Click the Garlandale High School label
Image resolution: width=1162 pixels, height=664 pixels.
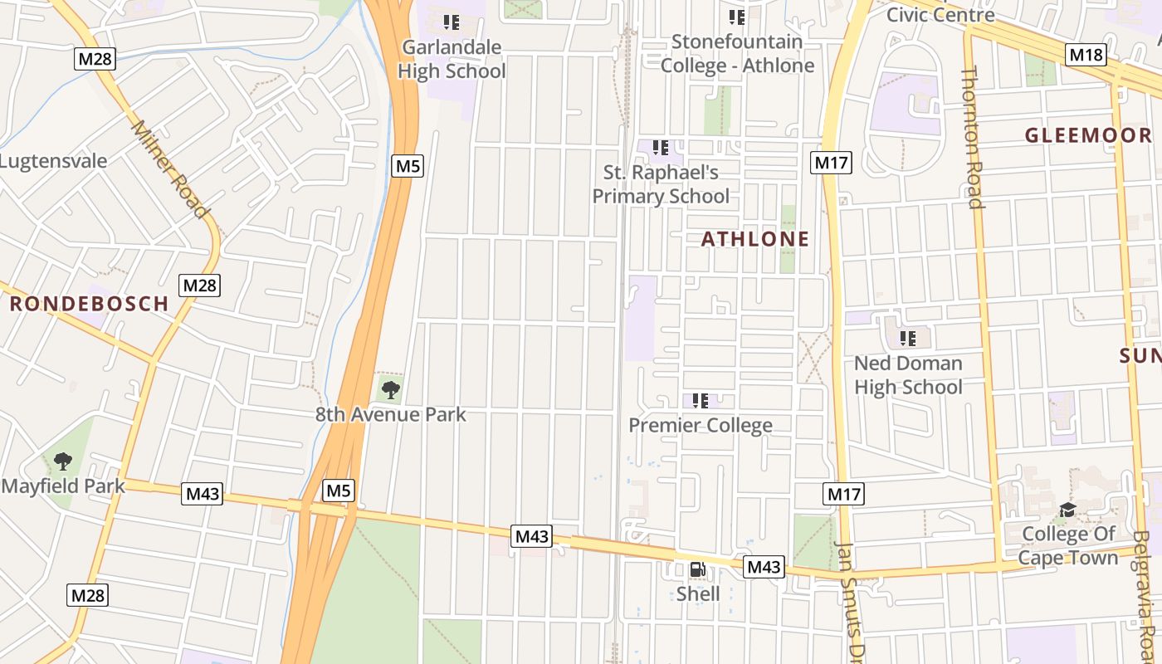tap(452, 59)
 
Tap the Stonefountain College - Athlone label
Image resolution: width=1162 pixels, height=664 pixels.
tap(737, 53)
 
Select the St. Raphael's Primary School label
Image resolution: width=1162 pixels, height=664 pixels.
tap(661, 184)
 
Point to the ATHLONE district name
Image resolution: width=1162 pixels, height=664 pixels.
tap(754, 239)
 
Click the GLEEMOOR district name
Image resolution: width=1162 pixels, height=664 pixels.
tap(1087, 135)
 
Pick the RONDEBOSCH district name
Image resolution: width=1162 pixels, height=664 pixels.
tap(90, 304)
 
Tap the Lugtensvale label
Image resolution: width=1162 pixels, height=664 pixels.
tap(54, 160)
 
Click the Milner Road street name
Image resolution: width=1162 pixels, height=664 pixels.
tap(169, 169)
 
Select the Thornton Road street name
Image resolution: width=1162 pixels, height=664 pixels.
tap(972, 137)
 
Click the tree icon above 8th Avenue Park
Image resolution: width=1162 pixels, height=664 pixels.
tap(390, 388)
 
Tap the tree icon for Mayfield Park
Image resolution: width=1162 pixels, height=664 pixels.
tap(63, 461)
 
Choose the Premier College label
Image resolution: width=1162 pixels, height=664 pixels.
tap(701, 425)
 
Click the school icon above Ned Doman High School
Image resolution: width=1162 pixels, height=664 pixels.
tap(908, 338)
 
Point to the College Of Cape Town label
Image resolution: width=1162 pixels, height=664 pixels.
tap(1069, 545)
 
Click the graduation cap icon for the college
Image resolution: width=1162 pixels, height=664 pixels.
tap(1067, 509)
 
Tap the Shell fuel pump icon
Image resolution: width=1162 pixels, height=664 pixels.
tap(698, 569)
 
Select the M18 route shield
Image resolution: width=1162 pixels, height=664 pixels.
tap(1086, 55)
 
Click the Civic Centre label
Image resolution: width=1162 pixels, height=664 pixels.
tap(940, 14)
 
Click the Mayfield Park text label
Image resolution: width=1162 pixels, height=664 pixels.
tap(63, 486)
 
